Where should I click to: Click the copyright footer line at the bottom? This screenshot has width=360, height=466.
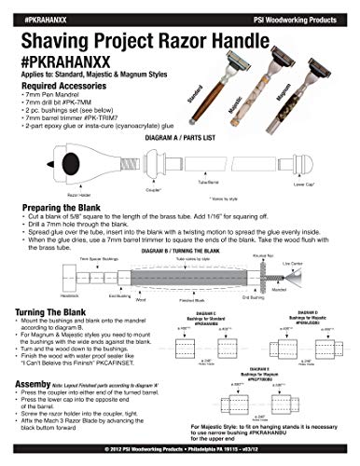point(180,459)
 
